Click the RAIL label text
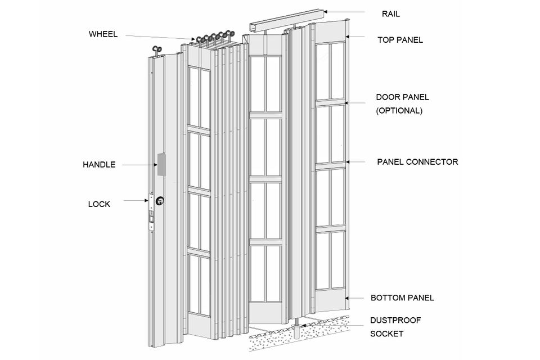(391, 13)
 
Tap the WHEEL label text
(103, 34)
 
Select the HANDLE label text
(99, 165)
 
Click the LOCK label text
(99, 204)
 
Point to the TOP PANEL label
(400, 40)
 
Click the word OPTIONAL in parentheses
(399, 111)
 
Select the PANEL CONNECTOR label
(417, 162)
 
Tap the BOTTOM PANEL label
(402, 298)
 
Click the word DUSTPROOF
(395, 321)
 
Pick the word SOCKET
(386, 334)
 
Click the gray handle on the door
(161, 165)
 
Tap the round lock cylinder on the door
(160, 200)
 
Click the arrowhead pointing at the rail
(325, 11)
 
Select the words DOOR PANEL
(402, 97)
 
